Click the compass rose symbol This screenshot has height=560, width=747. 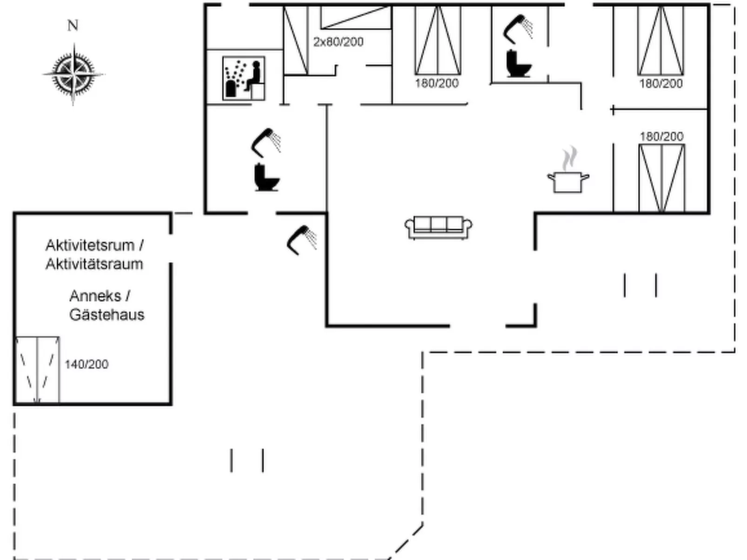73,74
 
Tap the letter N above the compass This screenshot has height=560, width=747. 73,26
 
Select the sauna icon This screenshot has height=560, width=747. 244,78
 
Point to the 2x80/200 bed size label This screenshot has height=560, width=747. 338,42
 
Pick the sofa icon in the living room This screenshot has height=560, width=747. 438,227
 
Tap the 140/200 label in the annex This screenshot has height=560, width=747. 87,364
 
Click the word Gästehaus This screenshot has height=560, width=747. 107,315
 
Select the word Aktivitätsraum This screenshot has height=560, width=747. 94,264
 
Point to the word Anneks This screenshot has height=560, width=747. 95,296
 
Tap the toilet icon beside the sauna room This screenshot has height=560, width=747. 267,177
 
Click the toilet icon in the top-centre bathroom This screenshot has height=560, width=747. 518,64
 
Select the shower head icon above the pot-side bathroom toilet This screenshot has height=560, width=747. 518,28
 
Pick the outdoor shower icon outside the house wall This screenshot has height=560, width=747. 302,239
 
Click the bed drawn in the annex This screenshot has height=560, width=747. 37,369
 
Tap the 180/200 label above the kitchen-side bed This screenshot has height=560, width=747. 661,137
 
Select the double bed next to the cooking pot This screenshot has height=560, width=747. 661,178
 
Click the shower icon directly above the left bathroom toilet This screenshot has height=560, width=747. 266,142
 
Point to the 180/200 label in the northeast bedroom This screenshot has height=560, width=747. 661,84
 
